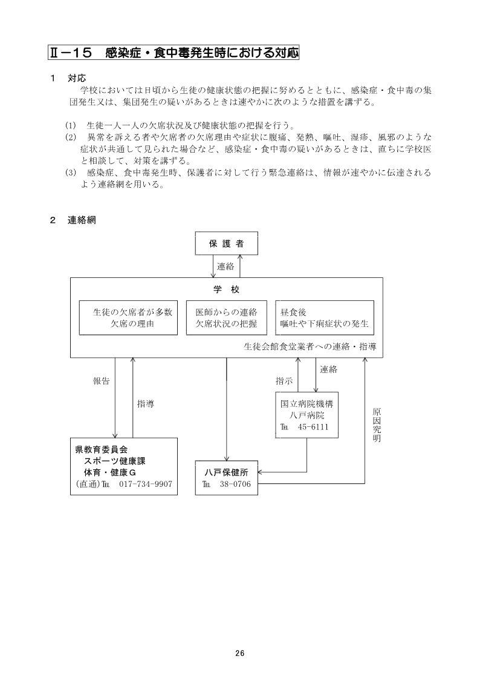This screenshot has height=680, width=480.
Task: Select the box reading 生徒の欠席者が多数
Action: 128,318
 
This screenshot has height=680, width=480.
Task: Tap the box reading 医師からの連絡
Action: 226,318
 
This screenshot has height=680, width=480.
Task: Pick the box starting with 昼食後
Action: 324,318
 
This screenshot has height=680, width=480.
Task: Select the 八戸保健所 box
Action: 227,478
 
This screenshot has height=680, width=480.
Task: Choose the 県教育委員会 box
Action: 123,466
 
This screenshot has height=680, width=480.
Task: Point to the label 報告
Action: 101,381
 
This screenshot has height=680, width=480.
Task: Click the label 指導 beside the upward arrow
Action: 146,403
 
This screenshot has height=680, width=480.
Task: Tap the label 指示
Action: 284,381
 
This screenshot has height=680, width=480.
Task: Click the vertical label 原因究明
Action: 376,424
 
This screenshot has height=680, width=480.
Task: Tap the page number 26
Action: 239,653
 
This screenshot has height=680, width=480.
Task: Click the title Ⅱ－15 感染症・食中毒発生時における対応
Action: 174,53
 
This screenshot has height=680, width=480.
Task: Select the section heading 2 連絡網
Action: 73,220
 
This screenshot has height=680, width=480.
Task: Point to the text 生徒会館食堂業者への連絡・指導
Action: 310,347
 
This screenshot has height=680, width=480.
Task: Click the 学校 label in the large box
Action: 226,289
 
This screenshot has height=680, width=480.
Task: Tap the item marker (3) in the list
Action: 70,173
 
